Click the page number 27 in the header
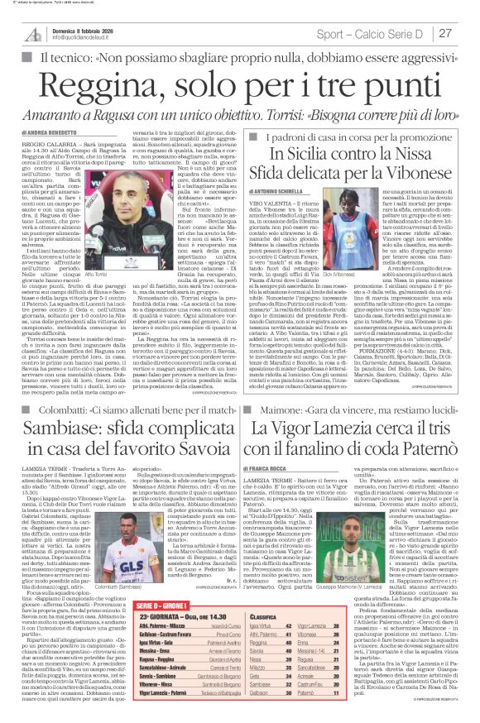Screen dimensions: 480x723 point(445,32)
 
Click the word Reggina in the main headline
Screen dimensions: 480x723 point(127,79)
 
